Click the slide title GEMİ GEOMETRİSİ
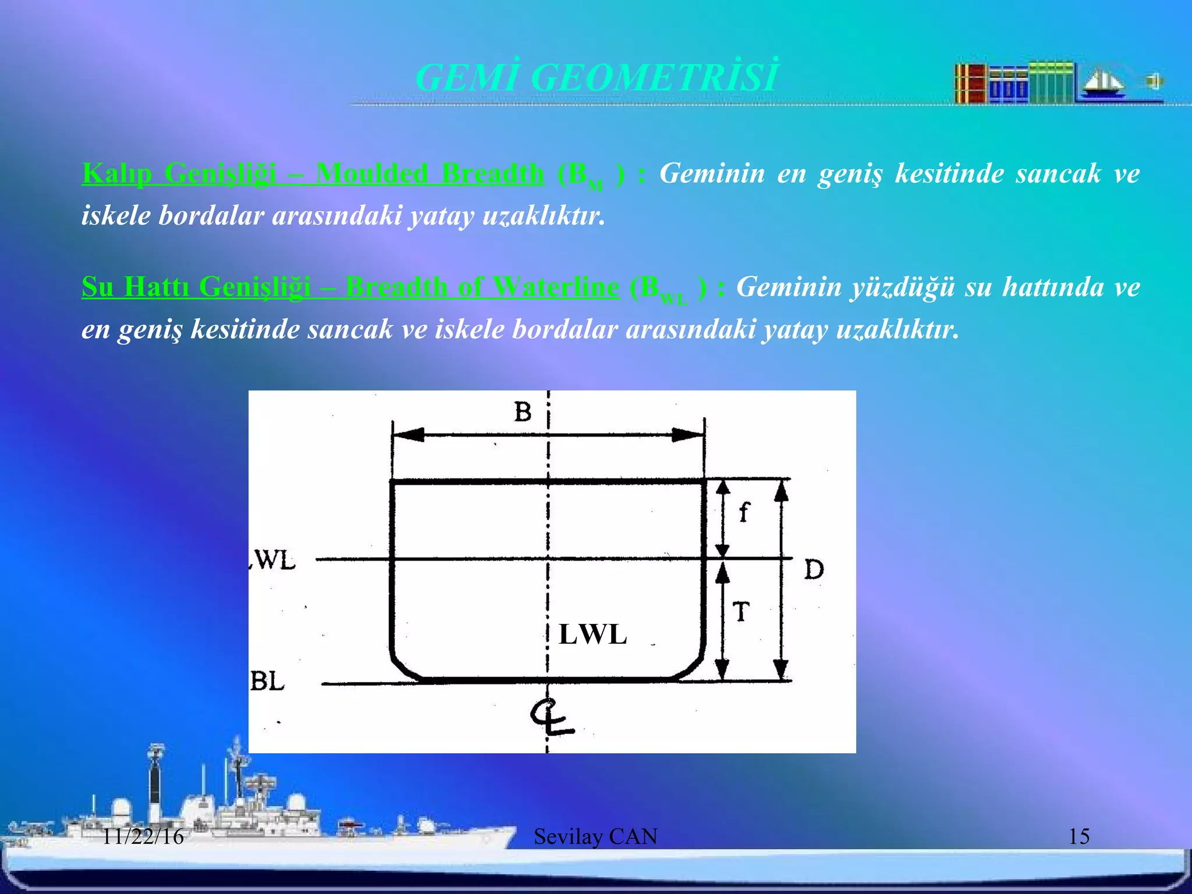point(595,77)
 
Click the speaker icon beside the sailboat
point(1153,81)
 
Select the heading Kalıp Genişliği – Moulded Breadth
point(313,173)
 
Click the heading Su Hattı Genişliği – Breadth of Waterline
point(350,287)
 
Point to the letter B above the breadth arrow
point(523,412)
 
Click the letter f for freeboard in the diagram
point(743,513)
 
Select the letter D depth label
point(814,569)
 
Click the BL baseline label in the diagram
point(267,681)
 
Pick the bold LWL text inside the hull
point(593,634)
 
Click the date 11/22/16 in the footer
point(143,837)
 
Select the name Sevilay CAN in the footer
point(595,837)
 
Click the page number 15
point(1079,837)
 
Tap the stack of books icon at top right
point(1013,83)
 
